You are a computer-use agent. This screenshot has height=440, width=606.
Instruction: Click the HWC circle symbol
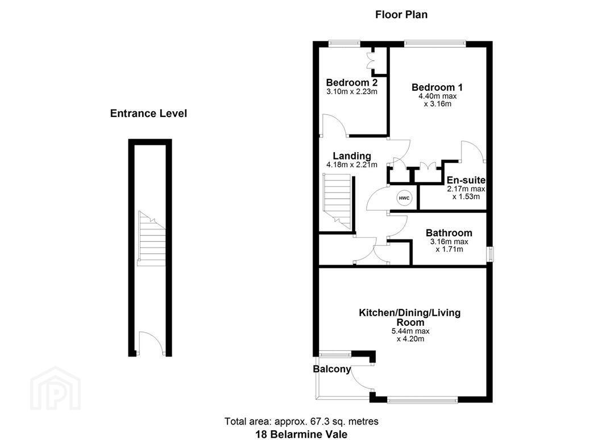pyautogui.click(x=404, y=198)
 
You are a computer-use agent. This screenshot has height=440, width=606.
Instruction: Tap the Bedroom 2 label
pyautogui.click(x=352, y=82)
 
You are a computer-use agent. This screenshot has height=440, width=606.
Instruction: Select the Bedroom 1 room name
pyautogui.click(x=437, y=87)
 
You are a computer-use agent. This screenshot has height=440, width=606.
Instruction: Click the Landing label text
pyautogui.click(x=352, y=156)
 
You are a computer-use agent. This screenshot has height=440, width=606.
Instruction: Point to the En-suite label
pyautogui.click(x=466, y=180)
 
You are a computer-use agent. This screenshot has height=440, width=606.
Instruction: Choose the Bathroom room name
pyautogui.click(x=449, y=233)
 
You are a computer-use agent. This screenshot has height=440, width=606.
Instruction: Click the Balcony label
pyautogui.click(x=332, y=370)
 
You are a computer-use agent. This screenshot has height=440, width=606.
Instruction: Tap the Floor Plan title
pyautogui.click(x=401, y=15)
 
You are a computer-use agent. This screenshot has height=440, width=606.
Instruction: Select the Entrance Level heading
pyautogui.click(x=148, y=114)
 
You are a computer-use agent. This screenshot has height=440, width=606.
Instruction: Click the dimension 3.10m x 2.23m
pyautogui.click(x=352, y=92)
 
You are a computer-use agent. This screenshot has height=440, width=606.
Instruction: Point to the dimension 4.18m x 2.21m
pyautogui.click(x=352, y=165)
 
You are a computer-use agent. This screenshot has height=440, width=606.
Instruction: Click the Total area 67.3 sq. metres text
pyautogui.click(x=301, y=421)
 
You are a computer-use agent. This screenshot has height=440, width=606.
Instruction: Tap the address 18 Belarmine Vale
pyautogui.click(x=301, y=434)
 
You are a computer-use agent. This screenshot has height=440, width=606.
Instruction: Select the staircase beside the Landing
pyautogui.click(x=338, y=202)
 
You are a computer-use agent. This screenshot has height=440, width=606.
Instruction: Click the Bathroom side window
pyautogui.click(x=489, y=254)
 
